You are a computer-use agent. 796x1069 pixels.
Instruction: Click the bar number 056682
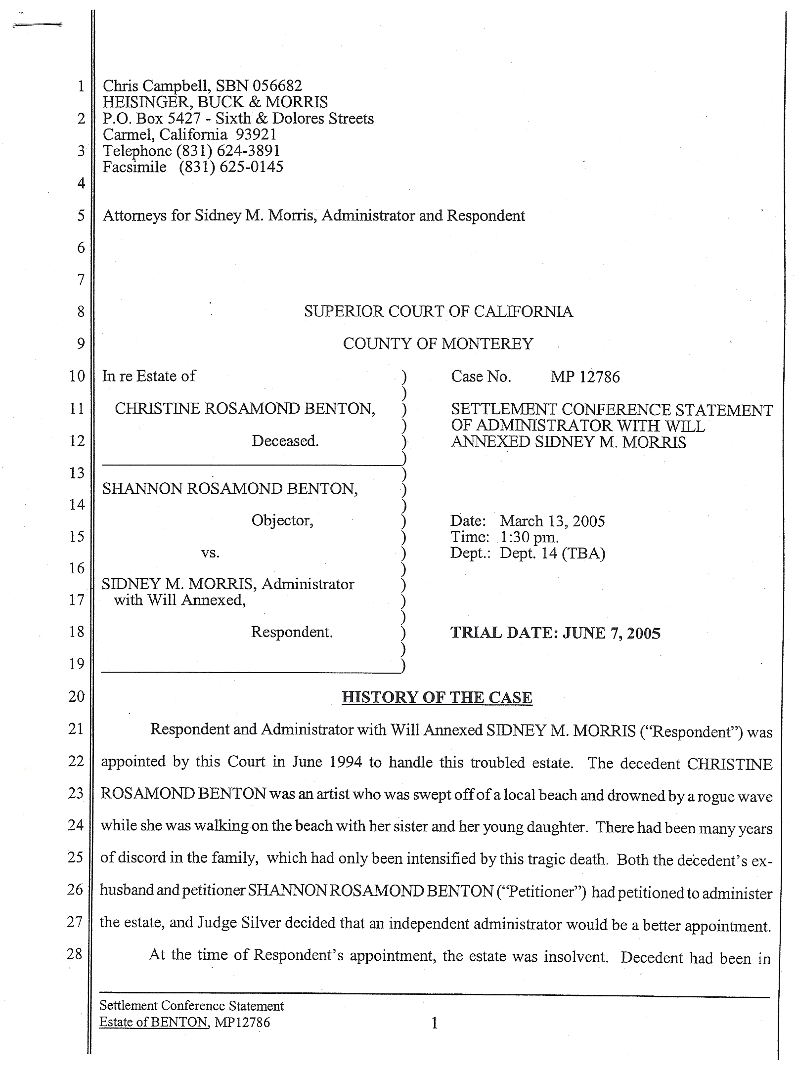(x=277, y=86)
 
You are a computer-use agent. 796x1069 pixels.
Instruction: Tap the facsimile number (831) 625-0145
(x=231, y=167)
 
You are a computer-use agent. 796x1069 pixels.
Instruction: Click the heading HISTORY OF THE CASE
(x=437, y=697)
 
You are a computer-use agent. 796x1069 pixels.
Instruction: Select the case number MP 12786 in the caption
(x=585, y=377)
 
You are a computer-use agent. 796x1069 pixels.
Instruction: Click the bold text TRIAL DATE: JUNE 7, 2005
(x=555, y=633)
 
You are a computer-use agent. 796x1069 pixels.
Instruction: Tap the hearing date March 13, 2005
(x=552, y=521)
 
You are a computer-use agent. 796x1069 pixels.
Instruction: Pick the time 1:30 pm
(x=530, y=537)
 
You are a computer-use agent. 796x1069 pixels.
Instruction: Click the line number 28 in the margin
(x=75, y=953)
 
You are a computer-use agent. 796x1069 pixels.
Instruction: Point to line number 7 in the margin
(x=81, y=280)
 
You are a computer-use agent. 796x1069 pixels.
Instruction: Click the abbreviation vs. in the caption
(x=210, y=553)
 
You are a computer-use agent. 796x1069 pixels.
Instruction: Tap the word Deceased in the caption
(x=285, y=441)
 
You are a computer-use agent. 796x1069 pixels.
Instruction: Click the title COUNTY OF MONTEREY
(x=438, y=344)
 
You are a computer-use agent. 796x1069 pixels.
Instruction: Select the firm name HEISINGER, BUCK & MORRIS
(x=215, y=102)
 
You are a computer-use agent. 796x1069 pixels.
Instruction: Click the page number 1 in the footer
(x=435, y=1023)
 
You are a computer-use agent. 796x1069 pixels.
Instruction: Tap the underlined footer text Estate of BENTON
(x=153, y=1022)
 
